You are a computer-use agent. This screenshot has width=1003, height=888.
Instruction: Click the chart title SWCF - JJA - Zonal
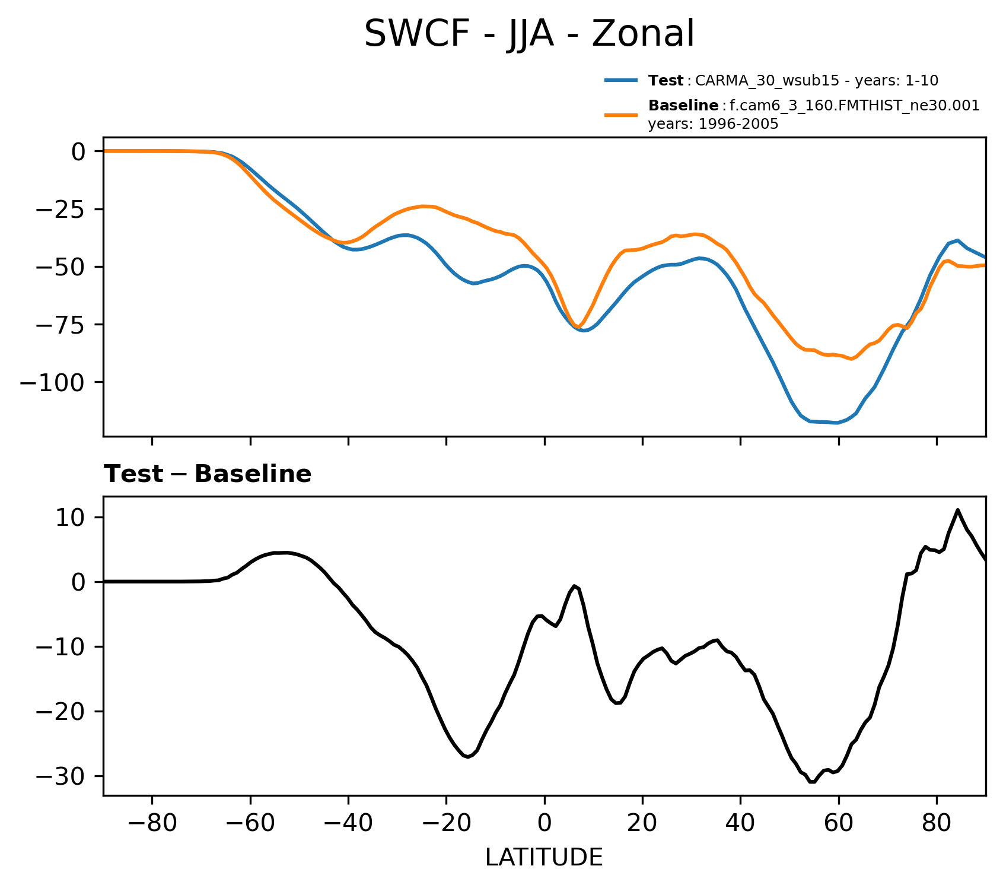pos(528,34)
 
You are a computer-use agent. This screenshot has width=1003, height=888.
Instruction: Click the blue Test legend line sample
pos(621,80)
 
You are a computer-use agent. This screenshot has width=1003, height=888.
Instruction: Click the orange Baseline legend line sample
pos(621,115)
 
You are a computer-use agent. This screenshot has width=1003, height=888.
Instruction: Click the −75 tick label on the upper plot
pos(62,325)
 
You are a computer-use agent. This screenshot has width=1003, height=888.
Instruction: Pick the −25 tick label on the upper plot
pos(62,210)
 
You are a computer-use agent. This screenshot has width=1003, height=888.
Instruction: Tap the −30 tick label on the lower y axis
pos(62,776)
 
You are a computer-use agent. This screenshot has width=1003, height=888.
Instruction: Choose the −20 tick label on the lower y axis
pos(62,712)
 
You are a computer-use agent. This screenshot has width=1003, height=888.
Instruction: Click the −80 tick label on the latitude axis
pos(152,825)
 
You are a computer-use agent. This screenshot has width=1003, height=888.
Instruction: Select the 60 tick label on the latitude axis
pos(838,825)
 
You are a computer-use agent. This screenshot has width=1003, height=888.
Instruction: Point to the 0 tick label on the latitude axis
pos(544,825)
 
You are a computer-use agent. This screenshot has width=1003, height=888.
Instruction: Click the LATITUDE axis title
pos(544,858)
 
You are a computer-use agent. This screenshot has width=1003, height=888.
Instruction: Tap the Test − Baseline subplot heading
pos(208,474)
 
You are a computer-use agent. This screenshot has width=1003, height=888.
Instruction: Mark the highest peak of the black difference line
pos(957,510)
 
